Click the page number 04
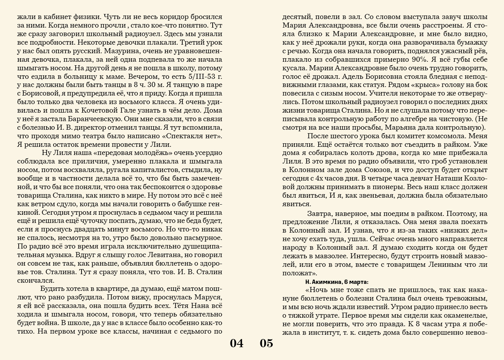click(237, 343)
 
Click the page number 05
click(267, 343)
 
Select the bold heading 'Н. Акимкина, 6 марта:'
click(337, 282)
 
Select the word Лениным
click(426, 264)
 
